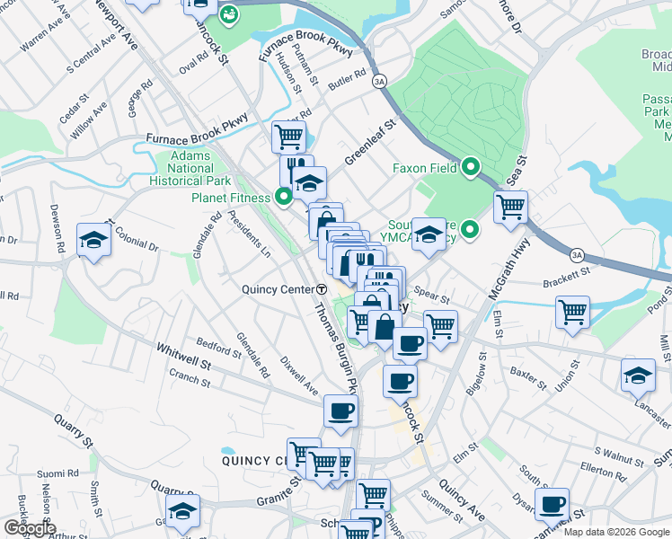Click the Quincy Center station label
[278, 289]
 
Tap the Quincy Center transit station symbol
[322, 289]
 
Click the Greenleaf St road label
[369, 144]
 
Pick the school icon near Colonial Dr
[93, 239]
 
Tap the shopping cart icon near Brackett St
[572, 313]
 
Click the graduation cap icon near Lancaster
[638, 375]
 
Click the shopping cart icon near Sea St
[510, 206]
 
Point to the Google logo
[30, 528]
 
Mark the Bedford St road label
[219, 348]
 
